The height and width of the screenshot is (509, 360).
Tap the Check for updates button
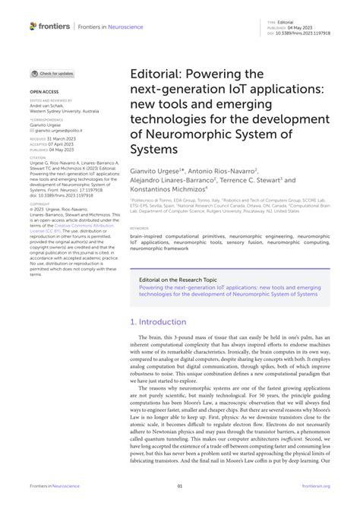pos(52,74)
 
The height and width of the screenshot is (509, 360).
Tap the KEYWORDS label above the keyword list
pos(138,227)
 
